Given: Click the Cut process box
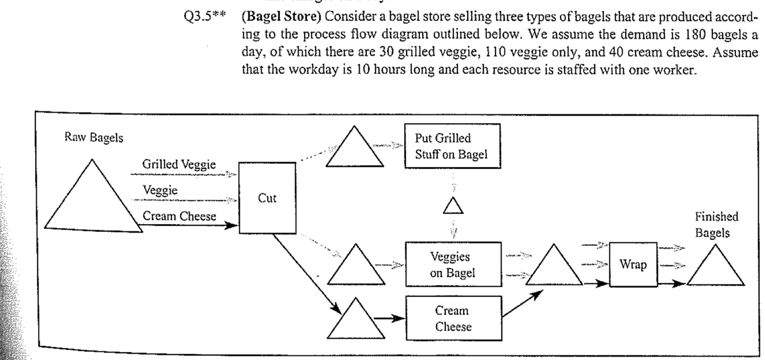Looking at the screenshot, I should [267, 198].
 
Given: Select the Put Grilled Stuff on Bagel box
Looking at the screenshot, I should [452, 146].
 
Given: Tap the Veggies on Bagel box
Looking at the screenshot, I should [453, 264].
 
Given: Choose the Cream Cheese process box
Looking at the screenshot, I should [453, 318].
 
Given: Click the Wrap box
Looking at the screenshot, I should [633, 264].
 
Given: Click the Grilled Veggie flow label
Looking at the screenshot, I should [179, 164].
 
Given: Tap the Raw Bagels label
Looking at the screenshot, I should [93, 137].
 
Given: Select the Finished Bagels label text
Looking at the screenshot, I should [716, 225].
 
